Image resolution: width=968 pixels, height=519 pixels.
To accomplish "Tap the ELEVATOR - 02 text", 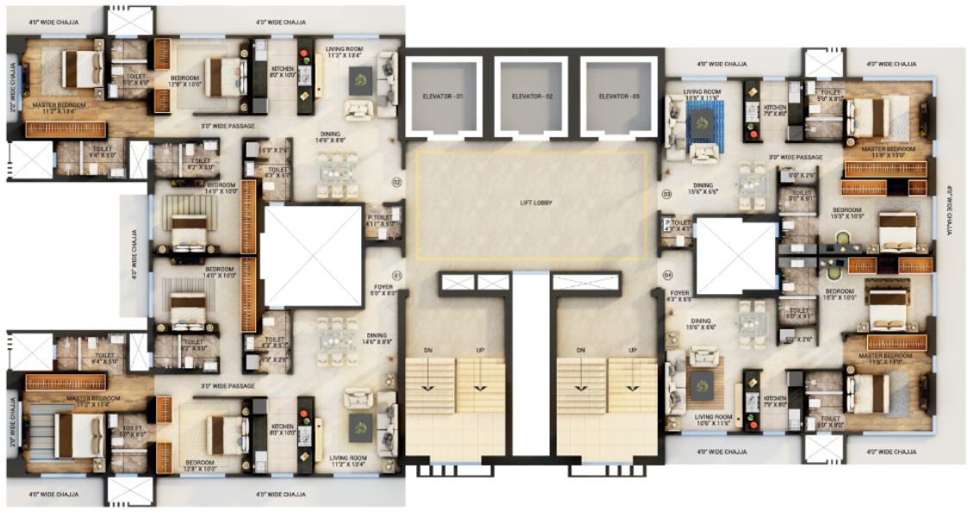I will point(531,97).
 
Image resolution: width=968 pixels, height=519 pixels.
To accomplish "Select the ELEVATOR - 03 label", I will point(620,97).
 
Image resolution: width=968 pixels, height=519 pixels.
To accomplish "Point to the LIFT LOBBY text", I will point(529,203).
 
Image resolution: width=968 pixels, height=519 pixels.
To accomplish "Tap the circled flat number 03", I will point(666,195).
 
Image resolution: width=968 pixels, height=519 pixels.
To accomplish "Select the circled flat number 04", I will point(666,276).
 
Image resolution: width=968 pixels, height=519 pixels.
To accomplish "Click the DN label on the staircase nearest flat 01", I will point(429,349).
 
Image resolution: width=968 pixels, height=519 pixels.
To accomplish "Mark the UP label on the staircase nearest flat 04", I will point(632,349).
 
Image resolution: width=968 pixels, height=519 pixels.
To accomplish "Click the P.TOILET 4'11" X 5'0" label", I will point(380,221).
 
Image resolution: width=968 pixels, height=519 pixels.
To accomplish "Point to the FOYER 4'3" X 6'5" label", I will point(680,297).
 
